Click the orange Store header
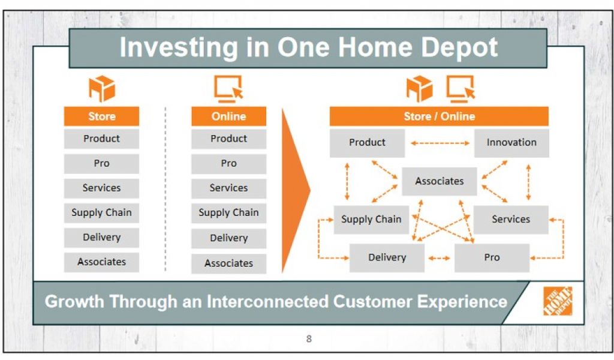click(101, 116)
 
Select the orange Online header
click(228, 116)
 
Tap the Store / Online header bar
click(439, 116)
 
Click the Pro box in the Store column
click(101, 163)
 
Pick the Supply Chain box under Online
click(228, 213)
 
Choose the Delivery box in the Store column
click(101, 238)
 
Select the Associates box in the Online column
click(228, 263)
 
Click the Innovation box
click(511, 143)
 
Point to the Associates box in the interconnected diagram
click(440, 181)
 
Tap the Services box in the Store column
click(101, 188)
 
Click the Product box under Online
click(228, 139)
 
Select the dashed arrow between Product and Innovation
click(440, 143)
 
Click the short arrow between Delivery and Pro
click(440, 258)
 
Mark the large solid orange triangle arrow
click(296, 191)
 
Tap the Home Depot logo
click(558, 301)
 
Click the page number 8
click(309, 339)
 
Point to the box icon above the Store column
click(102, 89)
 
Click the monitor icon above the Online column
click(228, 89)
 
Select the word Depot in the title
click(459, 48)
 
